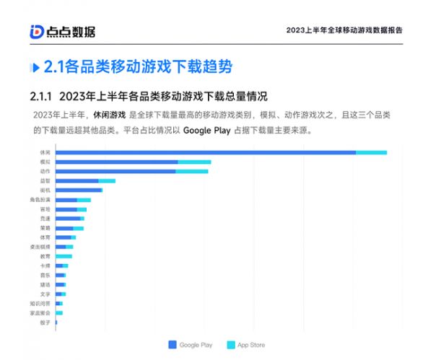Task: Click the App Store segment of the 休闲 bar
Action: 371,152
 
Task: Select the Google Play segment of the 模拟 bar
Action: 116,162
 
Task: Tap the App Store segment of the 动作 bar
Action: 193,171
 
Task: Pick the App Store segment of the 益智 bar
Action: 107,180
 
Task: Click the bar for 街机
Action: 79,190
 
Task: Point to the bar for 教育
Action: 64,256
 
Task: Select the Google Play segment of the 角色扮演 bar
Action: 66,199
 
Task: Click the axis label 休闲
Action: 45,152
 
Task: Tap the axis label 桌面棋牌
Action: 40,247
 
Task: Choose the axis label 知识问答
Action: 40,304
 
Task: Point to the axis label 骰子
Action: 45,322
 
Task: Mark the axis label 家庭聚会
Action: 40,313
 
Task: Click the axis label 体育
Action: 45,237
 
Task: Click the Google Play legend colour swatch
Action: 172,345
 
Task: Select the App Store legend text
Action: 251,345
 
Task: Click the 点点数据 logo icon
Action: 37,31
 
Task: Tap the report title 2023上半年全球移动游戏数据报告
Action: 344,30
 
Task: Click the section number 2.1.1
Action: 41,96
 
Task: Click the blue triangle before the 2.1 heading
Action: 35,67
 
